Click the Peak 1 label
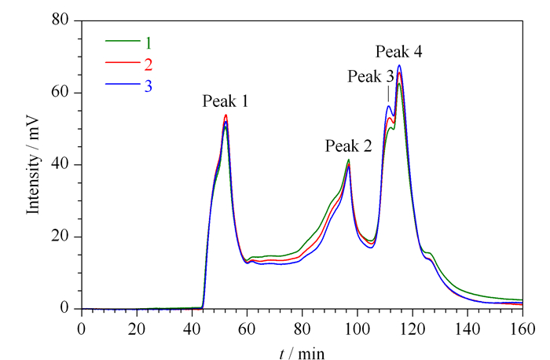225,101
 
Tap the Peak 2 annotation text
348,146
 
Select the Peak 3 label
371,76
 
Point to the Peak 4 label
399,52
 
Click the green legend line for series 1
123,41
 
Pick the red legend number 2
148,64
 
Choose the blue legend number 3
148,86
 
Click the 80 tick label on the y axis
60,20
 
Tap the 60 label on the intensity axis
60,92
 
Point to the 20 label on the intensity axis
60,236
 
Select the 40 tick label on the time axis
192,329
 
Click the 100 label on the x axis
357,329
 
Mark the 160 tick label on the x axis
522,329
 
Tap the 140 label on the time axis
467,329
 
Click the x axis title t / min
302,353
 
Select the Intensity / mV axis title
33,166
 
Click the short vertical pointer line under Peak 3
388,94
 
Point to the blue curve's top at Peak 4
399,65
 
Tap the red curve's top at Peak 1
226,115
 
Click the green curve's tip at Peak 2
349,160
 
